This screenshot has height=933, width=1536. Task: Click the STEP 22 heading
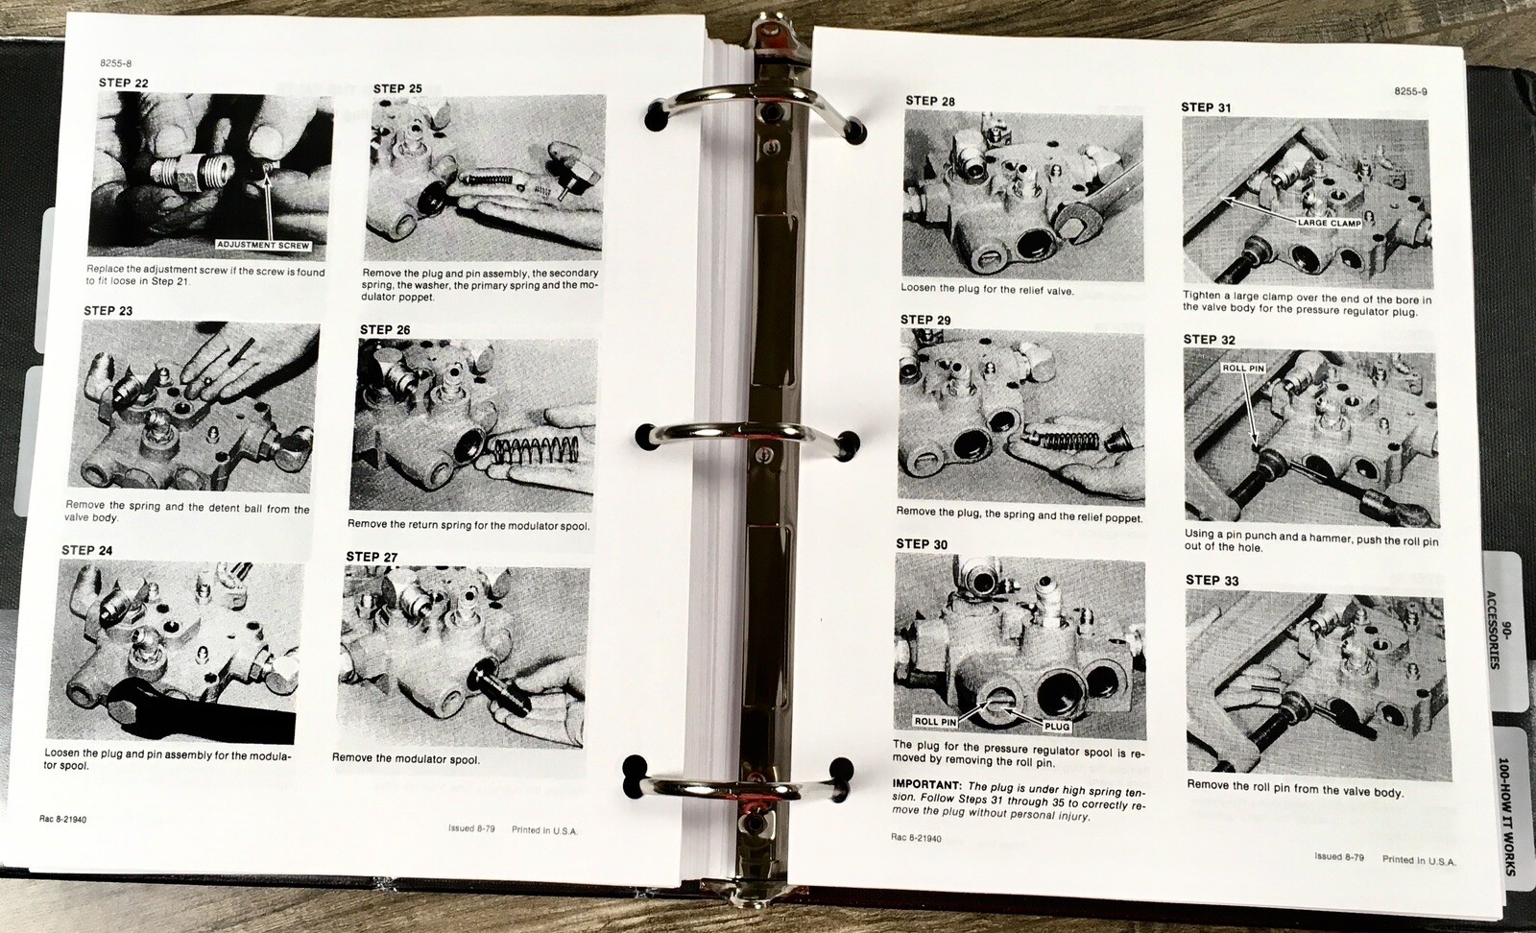[123, 83]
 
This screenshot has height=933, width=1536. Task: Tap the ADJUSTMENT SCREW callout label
[263, 245]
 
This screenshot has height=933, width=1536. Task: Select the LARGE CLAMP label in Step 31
[1330, 223]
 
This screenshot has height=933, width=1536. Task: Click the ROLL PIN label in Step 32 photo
[1243, 368]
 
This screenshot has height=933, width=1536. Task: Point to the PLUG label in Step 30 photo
[1056, 726]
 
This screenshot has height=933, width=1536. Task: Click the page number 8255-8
[115, 63]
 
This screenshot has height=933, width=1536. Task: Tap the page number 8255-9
[1410, 91]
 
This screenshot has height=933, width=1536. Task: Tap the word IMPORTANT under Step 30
[926, 784]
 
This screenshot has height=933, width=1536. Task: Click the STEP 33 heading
[1212, 580]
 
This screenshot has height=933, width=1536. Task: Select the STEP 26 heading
[385, 329]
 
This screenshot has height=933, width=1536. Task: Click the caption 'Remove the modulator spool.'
[405, 758]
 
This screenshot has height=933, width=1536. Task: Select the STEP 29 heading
[925, 320]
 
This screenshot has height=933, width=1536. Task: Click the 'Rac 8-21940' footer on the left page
[63, 820]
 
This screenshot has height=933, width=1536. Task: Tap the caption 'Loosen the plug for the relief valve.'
[987, 289]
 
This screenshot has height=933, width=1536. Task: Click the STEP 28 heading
[930, 101]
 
